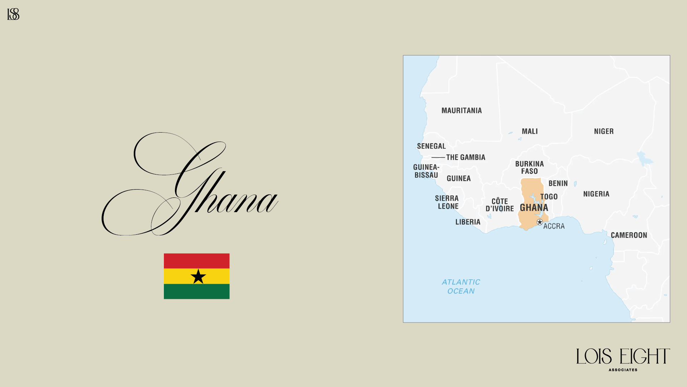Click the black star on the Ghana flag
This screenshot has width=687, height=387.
(x=198, y=277)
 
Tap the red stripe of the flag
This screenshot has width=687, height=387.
(x=196, y=261)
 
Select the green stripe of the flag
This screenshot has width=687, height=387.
(x=196, y=291)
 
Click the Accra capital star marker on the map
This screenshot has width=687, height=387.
(x=540, y=222)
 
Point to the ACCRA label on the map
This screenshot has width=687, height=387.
(x=554, y=226)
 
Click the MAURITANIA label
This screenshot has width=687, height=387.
(x=462, y=111)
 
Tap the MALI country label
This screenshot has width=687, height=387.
(x=530, y=132)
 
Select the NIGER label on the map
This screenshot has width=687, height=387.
(x=604, y=132)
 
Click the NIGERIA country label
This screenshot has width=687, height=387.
(x=596, y=194)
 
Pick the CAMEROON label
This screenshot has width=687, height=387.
(x=629, y=235)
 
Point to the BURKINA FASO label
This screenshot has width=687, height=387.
(x=529, y=167)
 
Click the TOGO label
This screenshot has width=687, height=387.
(x=549, y=197)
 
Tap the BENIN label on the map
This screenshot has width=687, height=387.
(x=558, y=183)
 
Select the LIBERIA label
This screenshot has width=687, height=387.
(x=468, y=222)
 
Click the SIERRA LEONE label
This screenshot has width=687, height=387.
(x=447, y=202)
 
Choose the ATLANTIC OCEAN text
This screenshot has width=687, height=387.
(x=461, y=287)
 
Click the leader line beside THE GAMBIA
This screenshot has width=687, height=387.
(x=438, y=157)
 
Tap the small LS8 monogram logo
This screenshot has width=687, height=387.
(x=13, y=14)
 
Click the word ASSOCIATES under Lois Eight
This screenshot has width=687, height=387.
(x=623, y=370)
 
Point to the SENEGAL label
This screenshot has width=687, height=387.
(x=431, y=146)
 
